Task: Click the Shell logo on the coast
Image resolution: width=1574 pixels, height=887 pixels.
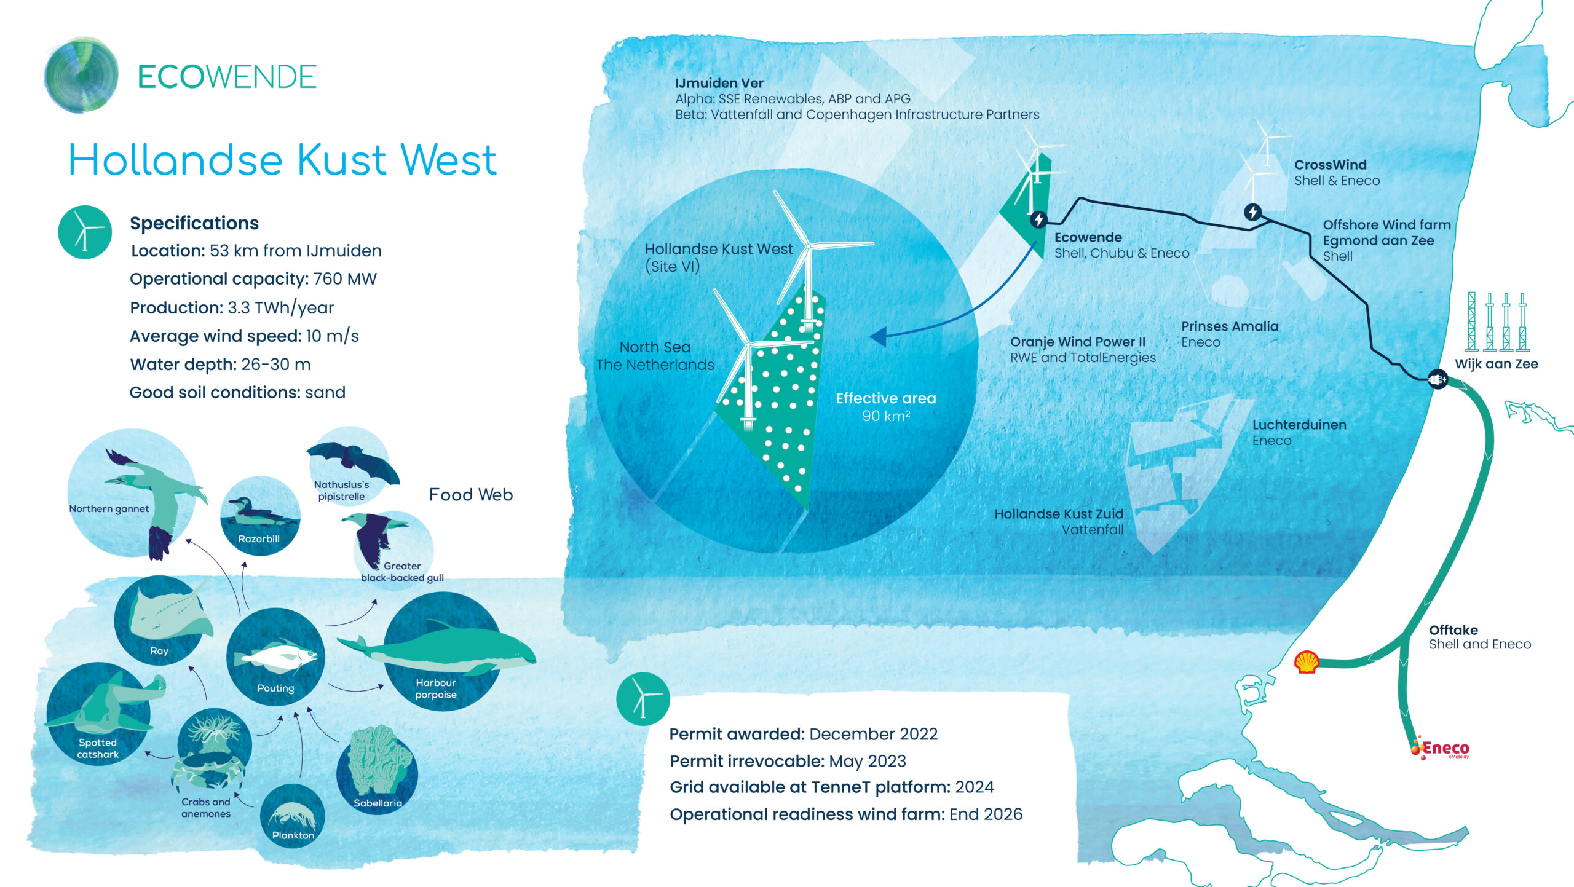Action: pyautogui.click(x=1306, y=662)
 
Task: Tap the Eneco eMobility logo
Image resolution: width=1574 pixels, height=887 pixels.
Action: pyautogui.click(x=1440, y=748)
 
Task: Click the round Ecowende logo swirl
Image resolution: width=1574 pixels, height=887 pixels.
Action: pyautogui.click(x=81, y=76)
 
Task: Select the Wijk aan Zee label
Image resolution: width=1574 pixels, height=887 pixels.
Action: pyautogui.click(x=1496, y=364)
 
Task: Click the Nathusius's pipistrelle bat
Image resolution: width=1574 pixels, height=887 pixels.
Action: pyautogui.click(x=353, y=461)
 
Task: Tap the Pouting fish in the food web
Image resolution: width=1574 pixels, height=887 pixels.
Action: pyautogui.click(x=280, y=657)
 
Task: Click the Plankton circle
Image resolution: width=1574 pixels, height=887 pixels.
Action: pyautogui.click(x=293, y=816)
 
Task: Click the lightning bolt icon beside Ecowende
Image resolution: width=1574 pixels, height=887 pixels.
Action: pyautogui.click(x=1038, y=219)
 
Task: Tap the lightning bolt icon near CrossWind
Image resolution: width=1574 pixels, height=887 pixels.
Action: pyautogui.click(x=1252, y=212)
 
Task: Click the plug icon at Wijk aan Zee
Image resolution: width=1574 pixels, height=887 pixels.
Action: pyautogui.click(x=1437, y=379)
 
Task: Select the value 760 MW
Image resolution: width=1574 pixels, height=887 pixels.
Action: pyautogui.click(x=344, y=279)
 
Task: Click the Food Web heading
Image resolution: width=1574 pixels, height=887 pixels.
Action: pyautogui.click(x=471, y=495)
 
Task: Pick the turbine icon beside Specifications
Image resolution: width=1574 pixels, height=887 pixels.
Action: pyautogui.click(x=85, y=232)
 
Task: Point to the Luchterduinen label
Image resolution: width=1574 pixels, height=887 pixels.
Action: pyautogui.click(x=1299, y=425)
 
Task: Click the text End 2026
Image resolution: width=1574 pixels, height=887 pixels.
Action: pyautogui.click(x=986, y=814)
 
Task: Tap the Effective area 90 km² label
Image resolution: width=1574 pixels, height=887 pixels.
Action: pyautogui.click(x=886, y=407)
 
